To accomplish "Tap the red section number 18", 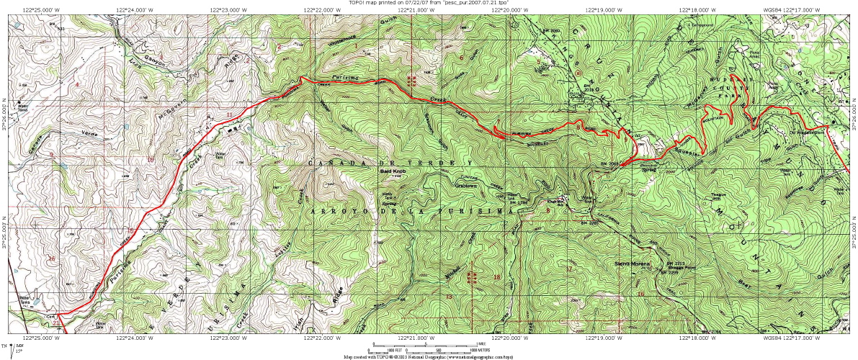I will tap(496, 277).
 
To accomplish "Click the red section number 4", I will tap(77, 84).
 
